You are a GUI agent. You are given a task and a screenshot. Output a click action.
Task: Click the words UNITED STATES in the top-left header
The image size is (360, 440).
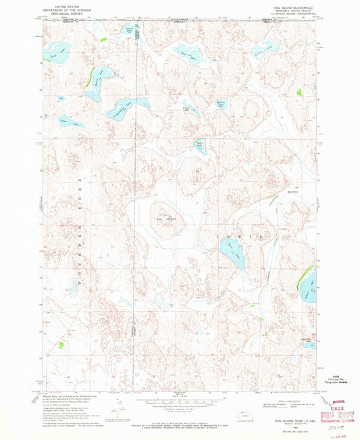61,4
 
